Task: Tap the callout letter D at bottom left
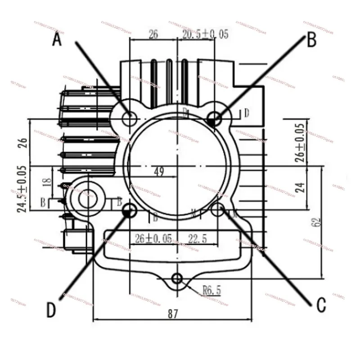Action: pos(52,309)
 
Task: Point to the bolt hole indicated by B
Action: pos(215,119)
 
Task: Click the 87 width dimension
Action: pos(173,314)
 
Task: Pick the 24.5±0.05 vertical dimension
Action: pos(22,188)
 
